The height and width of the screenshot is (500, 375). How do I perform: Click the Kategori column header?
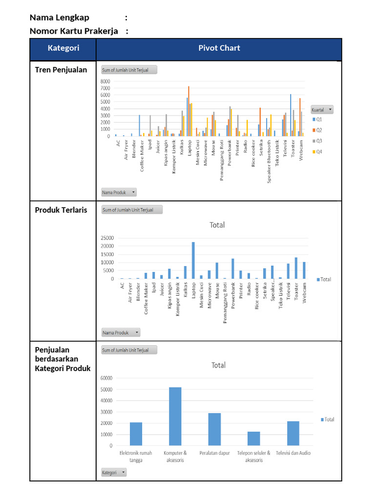tap(63, 48)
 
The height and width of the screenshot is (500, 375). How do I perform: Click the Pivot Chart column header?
tap(219, 48)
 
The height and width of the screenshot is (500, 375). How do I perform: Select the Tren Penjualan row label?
tap(61, 70)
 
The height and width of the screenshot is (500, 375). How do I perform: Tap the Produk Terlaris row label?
tap(61, 210)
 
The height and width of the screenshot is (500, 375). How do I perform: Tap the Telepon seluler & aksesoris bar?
tap(253, 438)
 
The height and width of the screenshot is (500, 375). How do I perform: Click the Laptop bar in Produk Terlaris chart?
tap(193, 260)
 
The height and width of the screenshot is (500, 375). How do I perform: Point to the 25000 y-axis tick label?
tap(107, 238)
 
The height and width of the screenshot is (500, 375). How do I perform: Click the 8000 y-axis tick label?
tap(105, 82)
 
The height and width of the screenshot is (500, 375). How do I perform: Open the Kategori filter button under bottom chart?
tap(114, 472)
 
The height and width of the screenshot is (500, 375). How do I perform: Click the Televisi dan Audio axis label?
tap(293, 453)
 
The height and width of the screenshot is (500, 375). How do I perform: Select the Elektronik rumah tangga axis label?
tap(136, 456)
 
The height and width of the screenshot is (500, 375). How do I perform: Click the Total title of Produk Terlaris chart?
tap(217, 225)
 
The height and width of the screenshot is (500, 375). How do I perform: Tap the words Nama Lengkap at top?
tap(60, 18)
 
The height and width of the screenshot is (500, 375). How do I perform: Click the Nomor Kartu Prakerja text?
tap(74, 31)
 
